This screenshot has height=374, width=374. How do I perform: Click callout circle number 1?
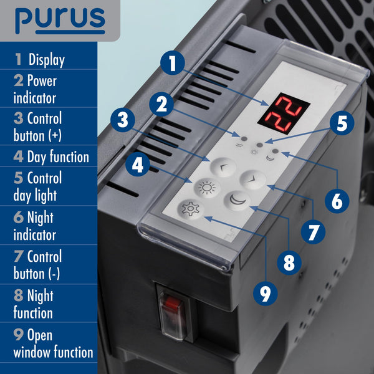(174, 63)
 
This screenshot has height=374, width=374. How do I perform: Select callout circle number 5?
(340, 123)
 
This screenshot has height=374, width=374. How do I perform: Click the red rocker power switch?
(173, 307)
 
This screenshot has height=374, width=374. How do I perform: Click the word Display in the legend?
(46, 60)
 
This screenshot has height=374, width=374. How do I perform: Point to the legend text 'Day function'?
(57, 157)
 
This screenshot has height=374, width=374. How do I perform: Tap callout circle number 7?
(312, 230)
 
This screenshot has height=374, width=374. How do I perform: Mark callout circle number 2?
(162, 104)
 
